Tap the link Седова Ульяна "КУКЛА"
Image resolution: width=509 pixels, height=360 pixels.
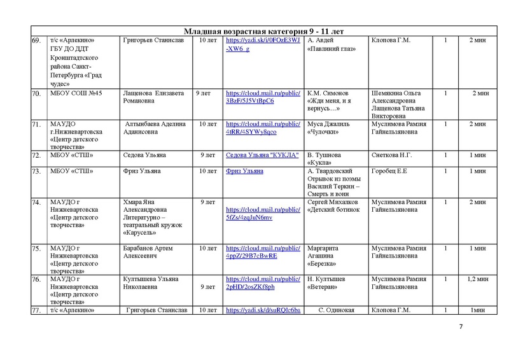[262, 155]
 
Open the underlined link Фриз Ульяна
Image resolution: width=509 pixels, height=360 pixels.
[242, 170]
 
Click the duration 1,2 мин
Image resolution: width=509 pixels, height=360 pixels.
[477, 279]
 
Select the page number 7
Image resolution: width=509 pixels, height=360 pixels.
[461, 326]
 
